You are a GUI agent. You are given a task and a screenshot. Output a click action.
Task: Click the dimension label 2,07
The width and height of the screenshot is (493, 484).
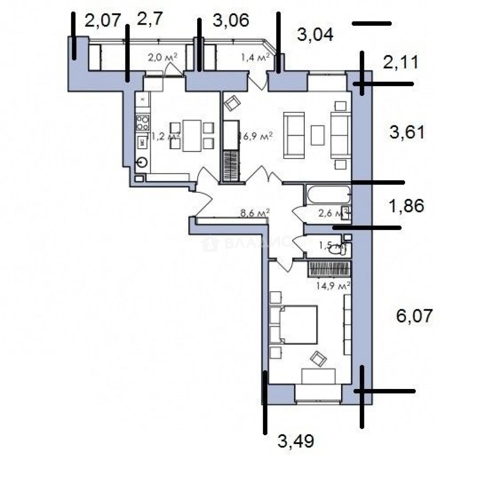click(x=103, y=21)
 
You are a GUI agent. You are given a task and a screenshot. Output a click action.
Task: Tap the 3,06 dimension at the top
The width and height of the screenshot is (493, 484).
click(x=230, y=21)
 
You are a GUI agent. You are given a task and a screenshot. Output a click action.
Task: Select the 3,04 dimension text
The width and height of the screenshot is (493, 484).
click(x=315, y=35)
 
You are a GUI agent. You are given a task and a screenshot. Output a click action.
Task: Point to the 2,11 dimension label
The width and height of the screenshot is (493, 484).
click(x=400, y=63)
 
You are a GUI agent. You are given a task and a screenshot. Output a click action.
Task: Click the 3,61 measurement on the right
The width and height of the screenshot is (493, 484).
click(x=407, y=133)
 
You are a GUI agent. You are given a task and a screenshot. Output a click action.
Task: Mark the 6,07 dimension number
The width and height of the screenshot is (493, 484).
click(x=414, y=316)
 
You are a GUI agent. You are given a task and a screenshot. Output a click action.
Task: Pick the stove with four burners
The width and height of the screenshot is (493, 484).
click(x=143, y=122)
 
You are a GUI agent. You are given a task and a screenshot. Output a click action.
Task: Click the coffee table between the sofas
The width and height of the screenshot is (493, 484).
click(x=317, y=135)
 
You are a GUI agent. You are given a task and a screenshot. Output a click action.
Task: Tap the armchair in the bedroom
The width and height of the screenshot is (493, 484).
click(x=319, y=358)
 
